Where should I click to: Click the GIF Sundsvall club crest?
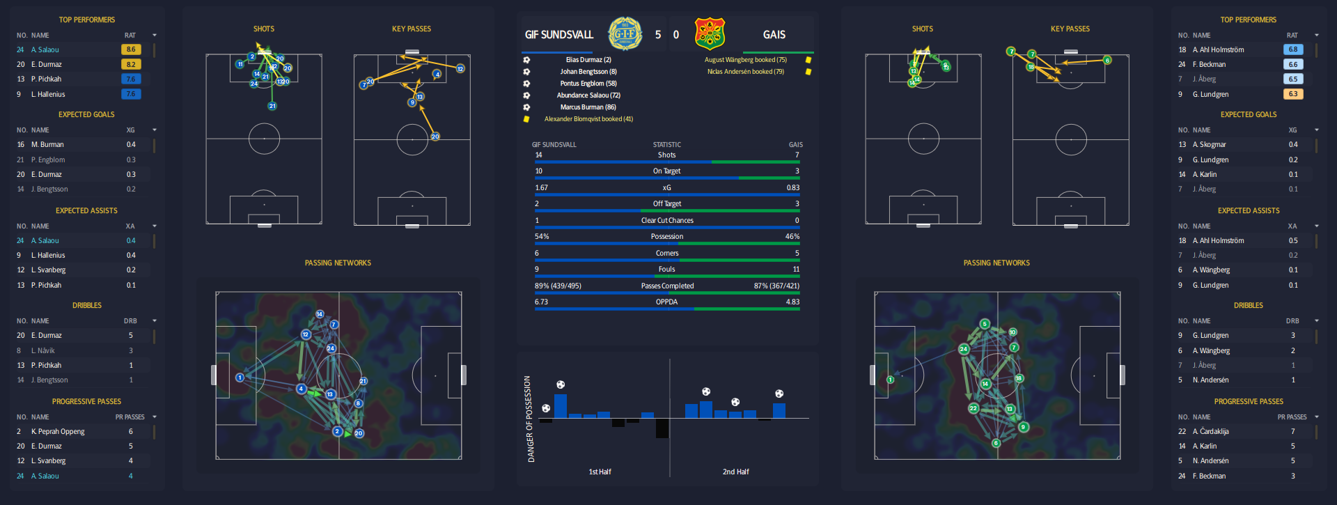click(x=625, y=34)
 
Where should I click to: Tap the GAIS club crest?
click(x=710, y=34)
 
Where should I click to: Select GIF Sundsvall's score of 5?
click(x=658, y=35)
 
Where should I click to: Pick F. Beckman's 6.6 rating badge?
click(x=1292, y=64)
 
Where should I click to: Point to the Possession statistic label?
click(x=666, y=237)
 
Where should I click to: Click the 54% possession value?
click(x=542, y=237)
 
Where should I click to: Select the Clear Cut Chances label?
click(x=666, y=221)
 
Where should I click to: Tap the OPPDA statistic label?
click(x=666, y=302)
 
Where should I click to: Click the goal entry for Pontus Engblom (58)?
click(x=588, y=84)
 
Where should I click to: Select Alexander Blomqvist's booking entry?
click(x=588, y=119)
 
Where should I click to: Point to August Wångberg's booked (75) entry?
click(x=745, y=60)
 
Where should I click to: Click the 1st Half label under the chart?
click(x=600, y=472)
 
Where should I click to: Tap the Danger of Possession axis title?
click(x=529, y=419)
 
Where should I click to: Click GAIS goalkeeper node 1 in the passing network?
click(x=890, y=380)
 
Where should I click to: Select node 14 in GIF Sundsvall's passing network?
click(x=320, y=314)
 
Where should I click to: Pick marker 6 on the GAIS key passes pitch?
click(x=1107, y=61)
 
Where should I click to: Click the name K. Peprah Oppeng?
click(x=58, y=432)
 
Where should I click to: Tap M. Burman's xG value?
click(x=131, y=145)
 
